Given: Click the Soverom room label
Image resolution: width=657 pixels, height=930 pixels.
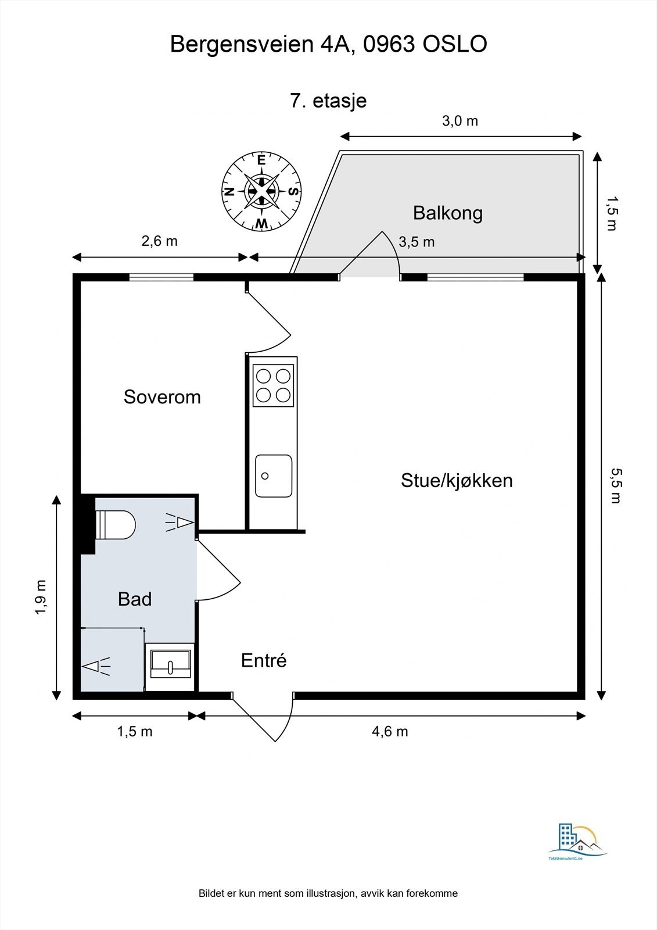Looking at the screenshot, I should coord(162,397).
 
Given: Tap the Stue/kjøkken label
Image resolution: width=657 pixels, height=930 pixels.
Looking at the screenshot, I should coord(457,481).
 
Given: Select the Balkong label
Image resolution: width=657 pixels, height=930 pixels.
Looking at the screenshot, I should coord(447,213).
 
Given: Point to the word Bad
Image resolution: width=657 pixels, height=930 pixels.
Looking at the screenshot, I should coord(134,599).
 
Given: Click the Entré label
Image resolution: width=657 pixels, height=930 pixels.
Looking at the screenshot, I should coord(264,661).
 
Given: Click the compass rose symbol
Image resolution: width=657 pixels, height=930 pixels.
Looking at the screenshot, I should coord(261,191).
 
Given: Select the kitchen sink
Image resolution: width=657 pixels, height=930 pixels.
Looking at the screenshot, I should coord(274,476).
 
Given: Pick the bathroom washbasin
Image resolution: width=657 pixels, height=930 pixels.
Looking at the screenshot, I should coord(170,664).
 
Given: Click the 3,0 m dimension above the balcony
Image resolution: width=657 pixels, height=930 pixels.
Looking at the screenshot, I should coord(460,121).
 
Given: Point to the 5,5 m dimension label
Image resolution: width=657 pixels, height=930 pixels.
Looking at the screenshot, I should coord(615,485).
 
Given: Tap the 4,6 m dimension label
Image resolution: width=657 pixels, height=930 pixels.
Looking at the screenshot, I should coord(390,731).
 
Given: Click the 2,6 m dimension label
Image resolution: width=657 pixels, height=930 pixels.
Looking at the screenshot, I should coord(159,241).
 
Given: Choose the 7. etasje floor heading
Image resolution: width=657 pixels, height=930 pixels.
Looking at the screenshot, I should coord(328,101).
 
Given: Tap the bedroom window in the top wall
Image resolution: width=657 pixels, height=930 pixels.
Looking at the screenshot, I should coord(161,277).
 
